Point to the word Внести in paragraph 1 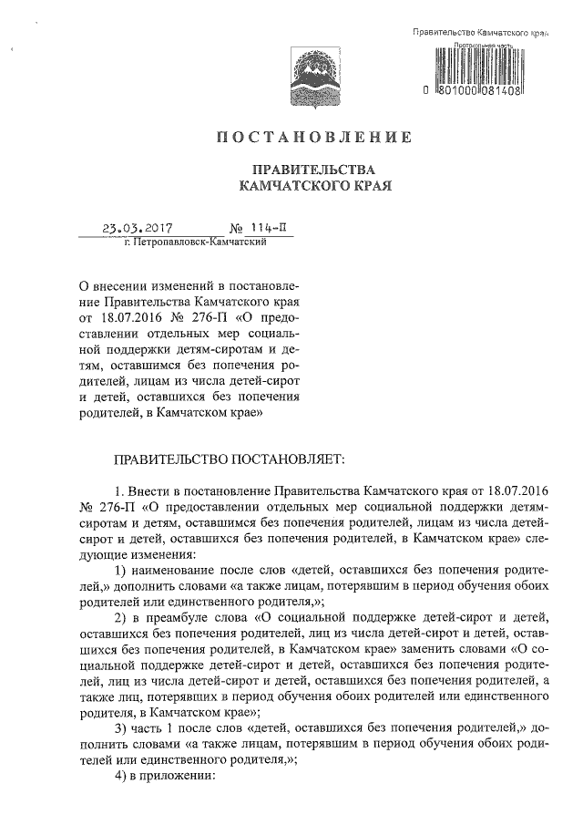[x=153, y=491]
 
